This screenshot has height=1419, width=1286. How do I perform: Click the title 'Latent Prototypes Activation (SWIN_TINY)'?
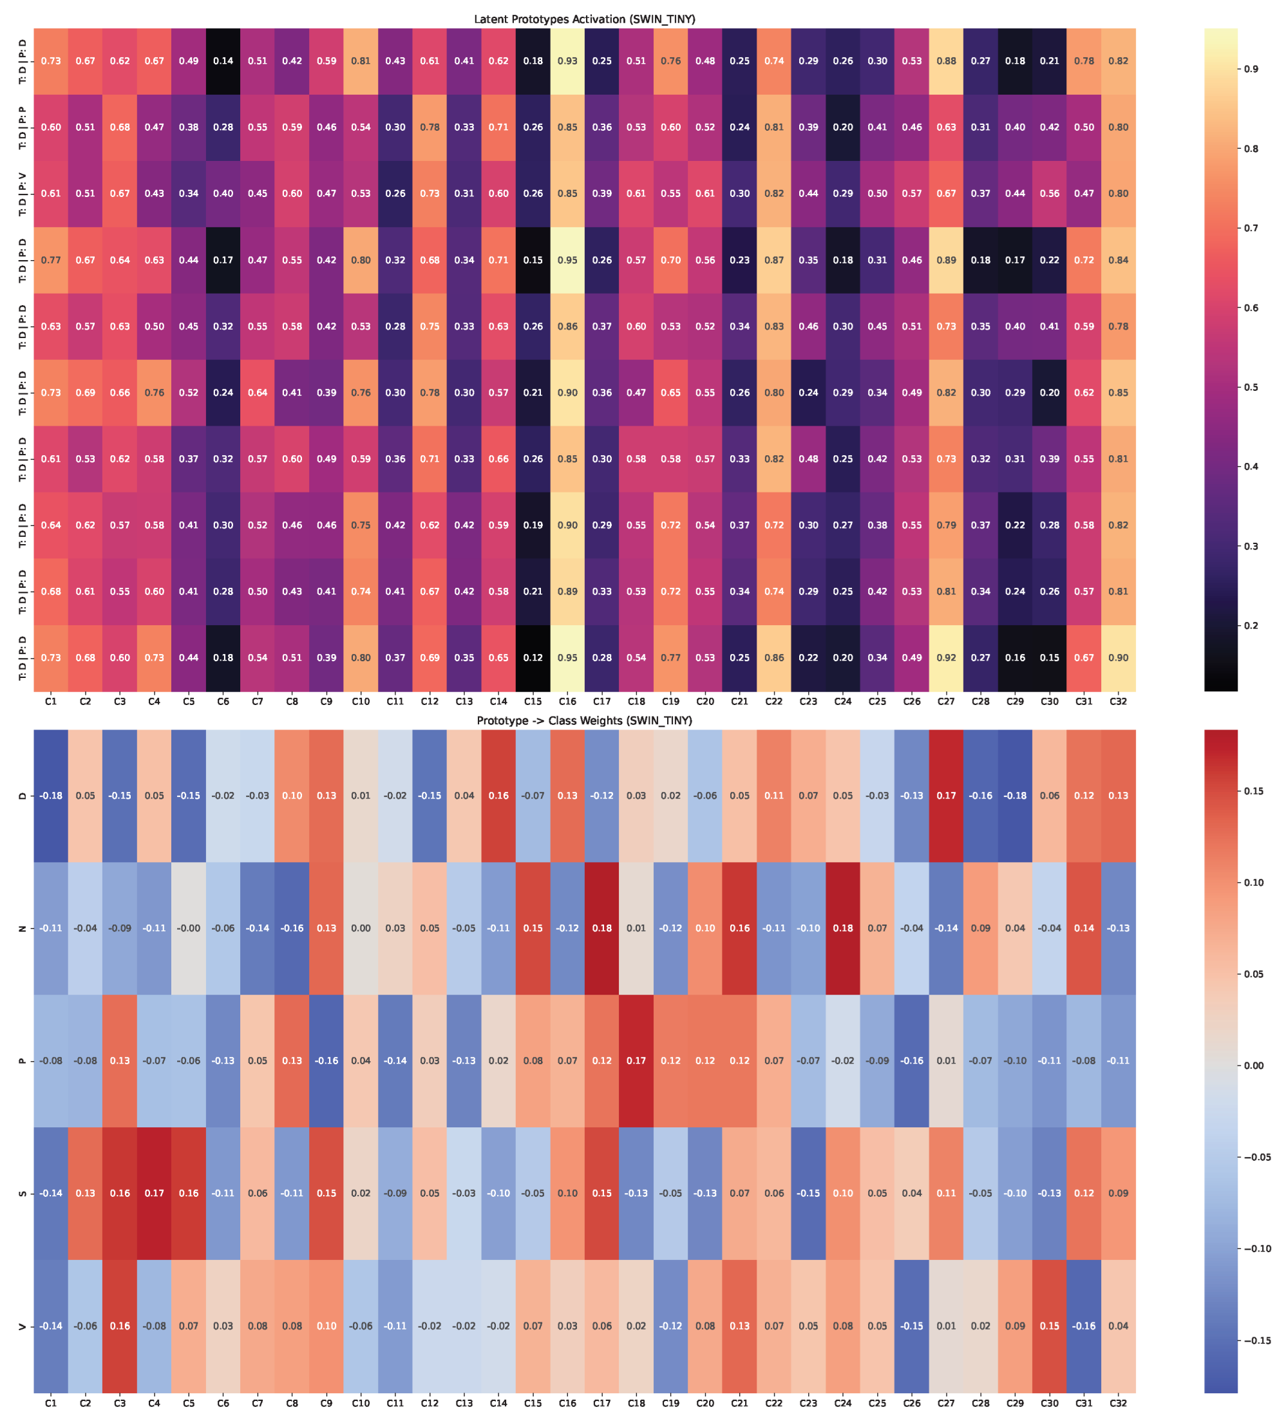click(x=584, y=19)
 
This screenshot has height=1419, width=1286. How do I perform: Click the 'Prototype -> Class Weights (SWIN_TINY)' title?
click(x=584, y=720)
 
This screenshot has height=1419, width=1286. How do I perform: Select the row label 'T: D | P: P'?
click(x=23, y=127)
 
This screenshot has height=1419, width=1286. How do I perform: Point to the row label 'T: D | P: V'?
click(x=23, y=194)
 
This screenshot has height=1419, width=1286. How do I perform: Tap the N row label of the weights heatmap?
click(x=23, y=928)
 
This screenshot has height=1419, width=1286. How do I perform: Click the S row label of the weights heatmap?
click(x=23, y=1193)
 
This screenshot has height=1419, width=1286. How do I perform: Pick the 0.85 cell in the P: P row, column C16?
click(x=567, y=127)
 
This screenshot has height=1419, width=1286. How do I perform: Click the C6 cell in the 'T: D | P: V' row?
click(x=223, y=194)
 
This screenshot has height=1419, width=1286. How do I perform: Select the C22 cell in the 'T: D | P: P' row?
click(x=773, y=127)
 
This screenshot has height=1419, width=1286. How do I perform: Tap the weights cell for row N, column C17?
click(x=602, y=928)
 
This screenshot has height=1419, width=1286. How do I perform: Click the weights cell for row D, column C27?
click(x=946, y=796)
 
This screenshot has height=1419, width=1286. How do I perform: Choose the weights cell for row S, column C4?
click(x=154, y=1193)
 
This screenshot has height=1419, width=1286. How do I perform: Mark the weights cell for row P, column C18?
click(x=636, y=1061)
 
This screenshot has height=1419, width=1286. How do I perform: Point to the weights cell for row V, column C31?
click(x=1084, y=1326)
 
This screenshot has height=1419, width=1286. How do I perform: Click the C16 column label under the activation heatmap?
click(x=567, y=701)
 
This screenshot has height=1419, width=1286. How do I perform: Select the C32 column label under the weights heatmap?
click(x=1119, y=1402)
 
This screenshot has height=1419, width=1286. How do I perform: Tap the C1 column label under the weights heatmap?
click(x=51, y=1402)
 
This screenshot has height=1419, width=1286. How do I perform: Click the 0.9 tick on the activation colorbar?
click(x=1251, y=69)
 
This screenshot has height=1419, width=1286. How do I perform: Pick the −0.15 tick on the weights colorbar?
click(x=1257, y=1340)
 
